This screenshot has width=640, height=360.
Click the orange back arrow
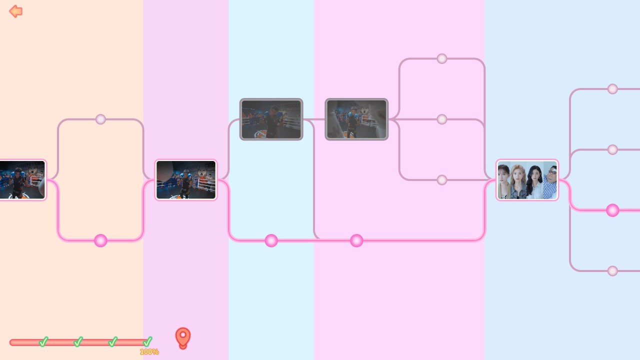coord(15,11)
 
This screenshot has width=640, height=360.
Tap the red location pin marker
coord(183,338)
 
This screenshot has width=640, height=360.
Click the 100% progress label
coord(149,351)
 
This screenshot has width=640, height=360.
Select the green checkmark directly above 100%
coord(147,341)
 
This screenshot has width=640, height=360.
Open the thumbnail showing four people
coord(527,180)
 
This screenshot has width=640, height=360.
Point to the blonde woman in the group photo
coord(518,181)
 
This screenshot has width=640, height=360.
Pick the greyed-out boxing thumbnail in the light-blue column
coord(271,119)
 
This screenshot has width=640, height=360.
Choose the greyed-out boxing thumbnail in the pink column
coord(356,119)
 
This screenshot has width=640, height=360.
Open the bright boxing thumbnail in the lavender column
coord(186,180)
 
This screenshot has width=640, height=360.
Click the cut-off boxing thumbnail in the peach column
coord(22,180)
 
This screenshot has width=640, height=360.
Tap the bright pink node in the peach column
coord(100,240)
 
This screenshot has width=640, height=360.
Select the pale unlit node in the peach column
coord(100,119)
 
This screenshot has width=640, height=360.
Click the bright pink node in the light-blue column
coord(271,240)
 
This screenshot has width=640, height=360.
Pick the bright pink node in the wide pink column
coord(356,240)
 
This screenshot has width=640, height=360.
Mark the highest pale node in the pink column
coord(442,58)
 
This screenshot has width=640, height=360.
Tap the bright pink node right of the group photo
coord(612,210)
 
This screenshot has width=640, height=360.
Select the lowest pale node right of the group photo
coord(612,271)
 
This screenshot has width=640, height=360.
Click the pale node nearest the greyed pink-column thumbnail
coord(442,119)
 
